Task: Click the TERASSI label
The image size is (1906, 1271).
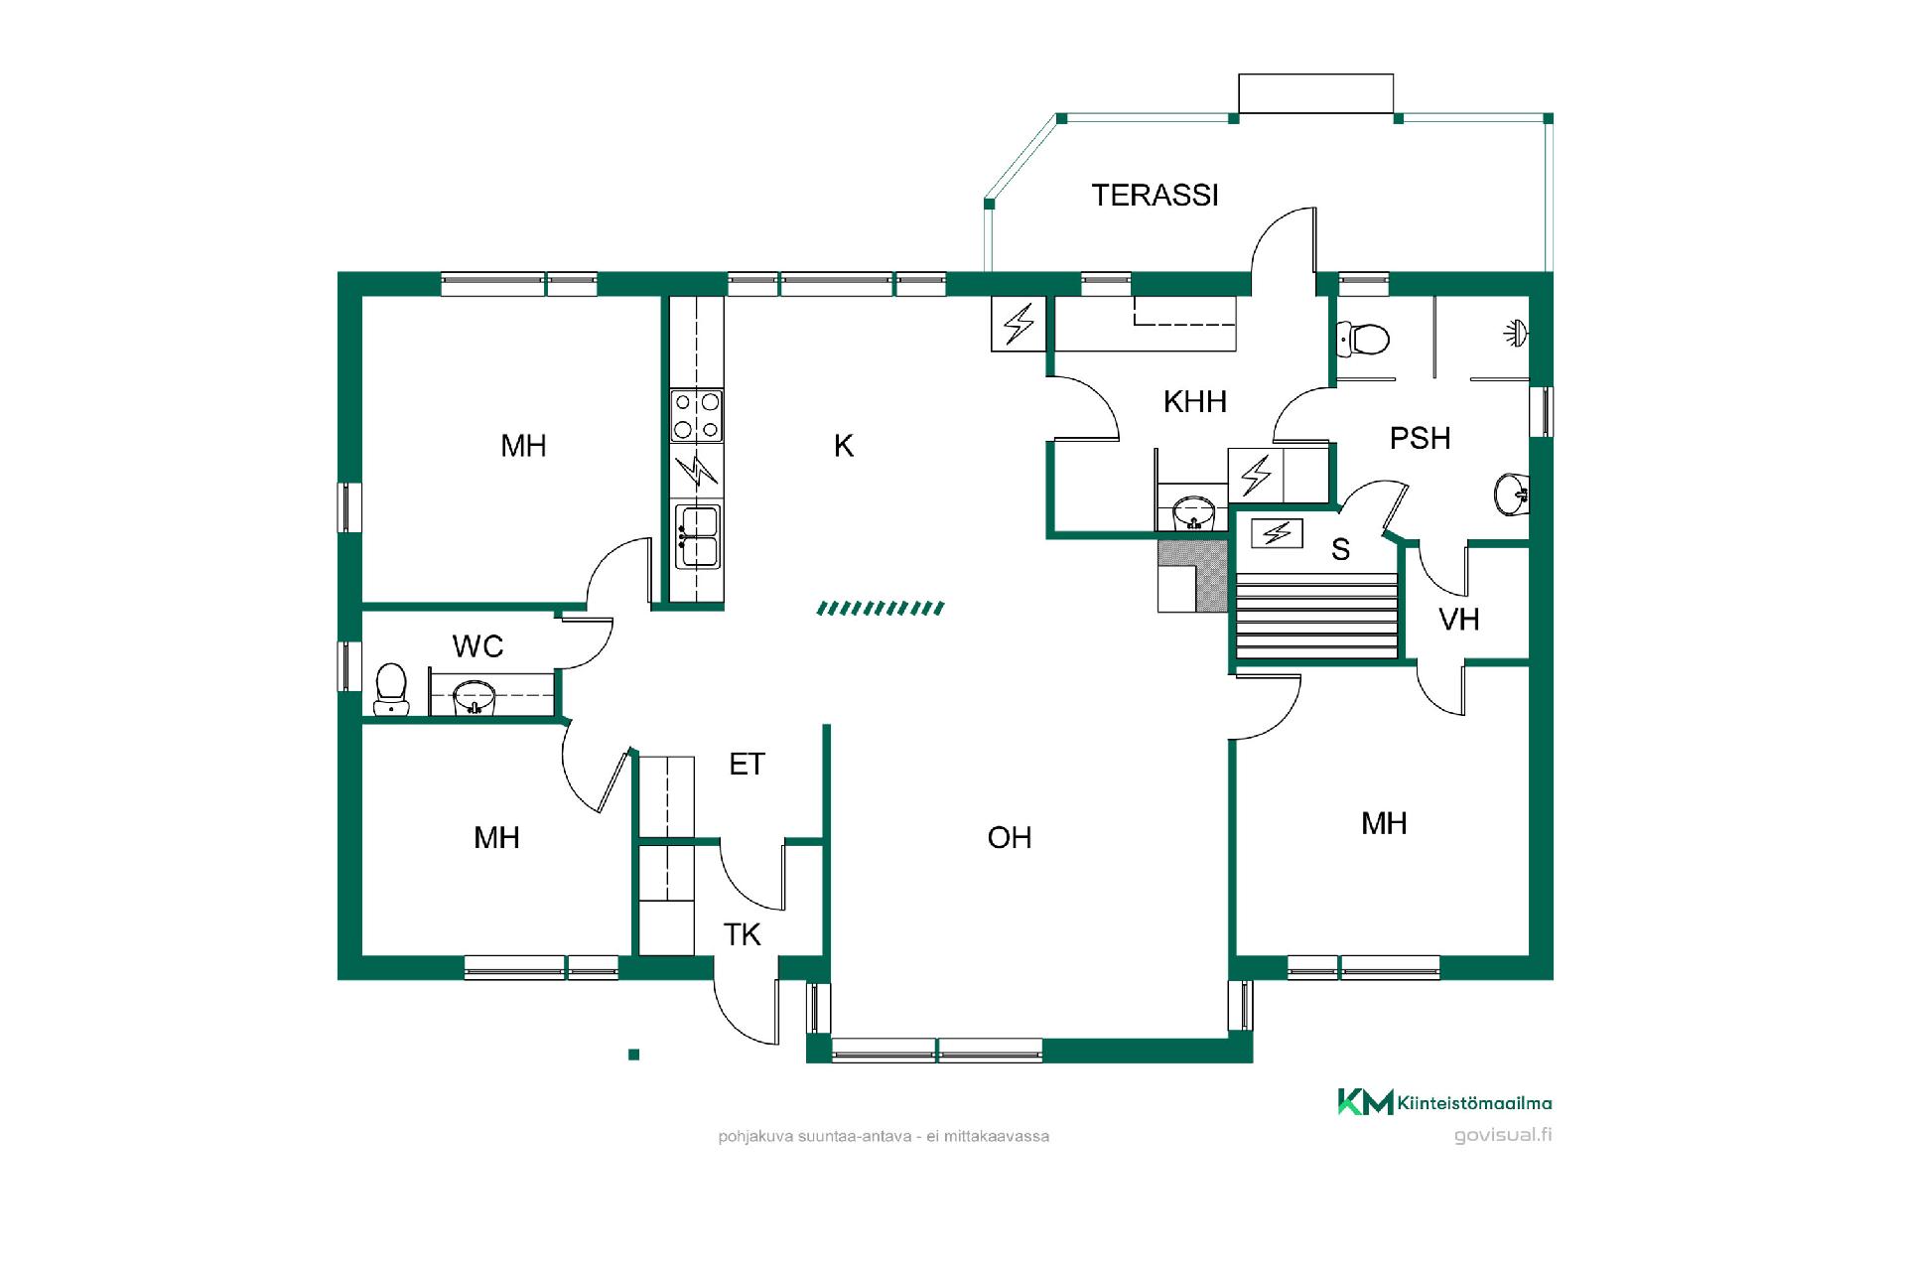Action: point(1155,196)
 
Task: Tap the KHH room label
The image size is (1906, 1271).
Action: point(1195,402)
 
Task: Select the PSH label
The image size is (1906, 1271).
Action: point(1420,438)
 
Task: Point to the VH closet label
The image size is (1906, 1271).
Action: point(1459,620)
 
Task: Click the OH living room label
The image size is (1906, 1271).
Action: point(1010,838)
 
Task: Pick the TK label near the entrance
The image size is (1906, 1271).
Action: point(742,934)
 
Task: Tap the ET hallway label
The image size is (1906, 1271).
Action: point(747,764)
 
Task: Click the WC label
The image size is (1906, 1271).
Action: point(477,646)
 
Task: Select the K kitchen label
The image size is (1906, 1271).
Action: point(844,446)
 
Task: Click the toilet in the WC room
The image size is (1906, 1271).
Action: point(391,689)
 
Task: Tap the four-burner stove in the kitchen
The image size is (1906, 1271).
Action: point(697,416)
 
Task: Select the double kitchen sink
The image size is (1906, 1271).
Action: point(698,536)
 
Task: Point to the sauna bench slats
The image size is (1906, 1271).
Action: point(1315,620)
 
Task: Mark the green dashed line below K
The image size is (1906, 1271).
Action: point(881,608)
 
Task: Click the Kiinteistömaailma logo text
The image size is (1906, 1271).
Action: point(1474,1102)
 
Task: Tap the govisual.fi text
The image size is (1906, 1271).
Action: point(1503,1135)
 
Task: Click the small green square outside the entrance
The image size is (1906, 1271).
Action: point(633,1055)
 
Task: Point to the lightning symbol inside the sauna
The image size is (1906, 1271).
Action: point(1277,534)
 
